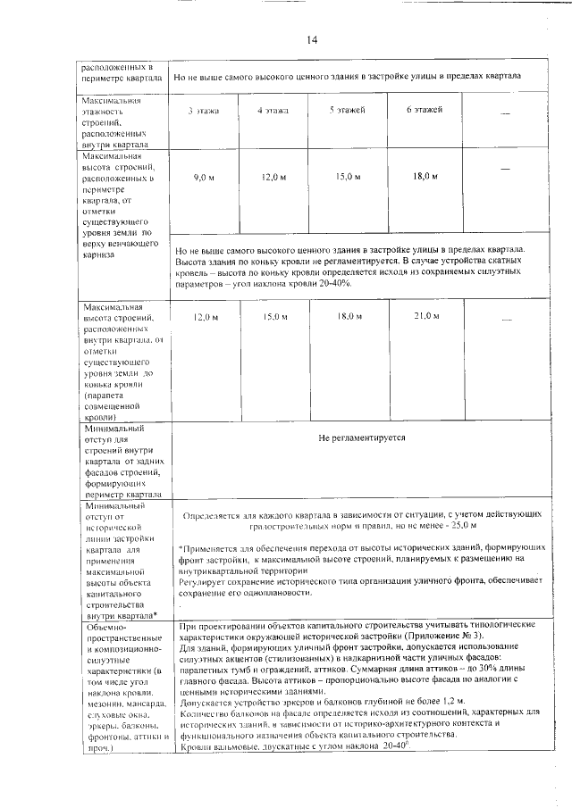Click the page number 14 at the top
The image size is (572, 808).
coord(312,39)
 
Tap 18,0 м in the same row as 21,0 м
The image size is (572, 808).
coord(348,316)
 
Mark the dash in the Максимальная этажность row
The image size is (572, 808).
coord(507,112)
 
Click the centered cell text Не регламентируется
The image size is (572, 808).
coord(361,438)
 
